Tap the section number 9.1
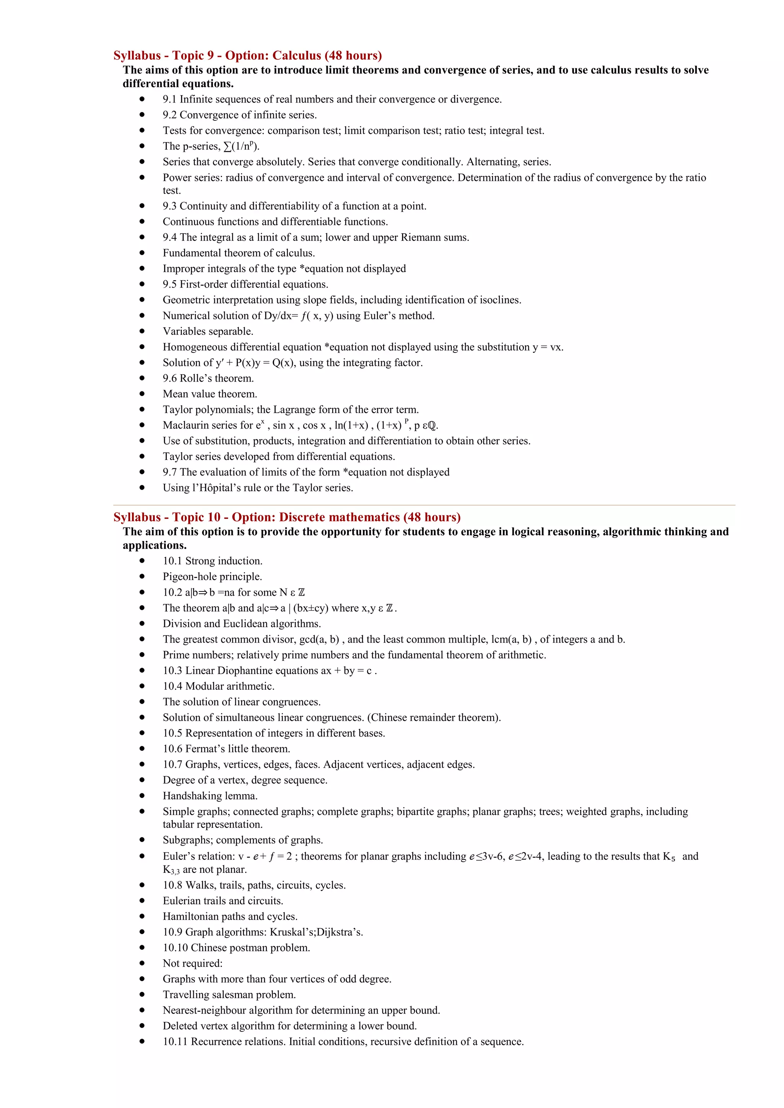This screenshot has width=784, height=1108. click(x=170, y=99)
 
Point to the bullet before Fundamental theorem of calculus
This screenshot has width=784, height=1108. click(x=142, y=252)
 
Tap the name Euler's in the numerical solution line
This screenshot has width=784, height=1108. click(x=381, y=315)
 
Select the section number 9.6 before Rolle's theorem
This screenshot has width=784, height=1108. click(x=170, y=379)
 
